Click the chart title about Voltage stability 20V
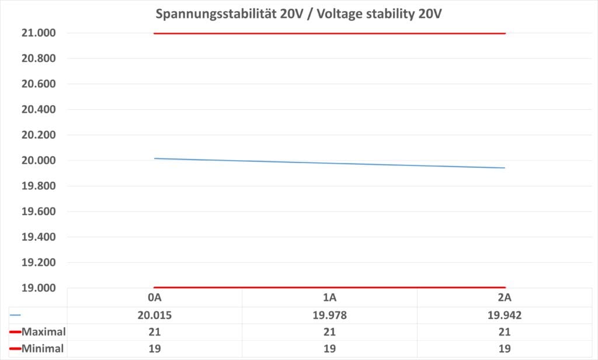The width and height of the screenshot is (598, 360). [298, 14]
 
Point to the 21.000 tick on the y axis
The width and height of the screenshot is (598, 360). [39, 33]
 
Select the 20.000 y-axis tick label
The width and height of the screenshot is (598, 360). [39, 160]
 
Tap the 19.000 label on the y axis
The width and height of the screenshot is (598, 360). [39, 288]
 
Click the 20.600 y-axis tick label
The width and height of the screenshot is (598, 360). [39, 84]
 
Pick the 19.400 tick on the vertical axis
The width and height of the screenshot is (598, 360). [39, 237]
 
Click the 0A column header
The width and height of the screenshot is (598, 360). [154, 297]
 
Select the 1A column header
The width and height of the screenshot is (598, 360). [329, 297]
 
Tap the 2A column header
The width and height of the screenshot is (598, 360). [505, 297]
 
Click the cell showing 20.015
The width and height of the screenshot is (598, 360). [154, 314]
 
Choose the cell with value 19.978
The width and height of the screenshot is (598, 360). [329, 314]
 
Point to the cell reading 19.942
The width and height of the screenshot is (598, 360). [505, 314]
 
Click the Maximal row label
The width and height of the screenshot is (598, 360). [43, 332]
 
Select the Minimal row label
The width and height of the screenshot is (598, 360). [43, 349]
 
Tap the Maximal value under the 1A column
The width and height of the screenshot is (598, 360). [329, 332]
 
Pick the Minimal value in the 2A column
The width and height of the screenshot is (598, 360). [505, 349]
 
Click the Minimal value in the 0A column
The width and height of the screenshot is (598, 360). [154, 349]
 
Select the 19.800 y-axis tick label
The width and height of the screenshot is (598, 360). [39, 186]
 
